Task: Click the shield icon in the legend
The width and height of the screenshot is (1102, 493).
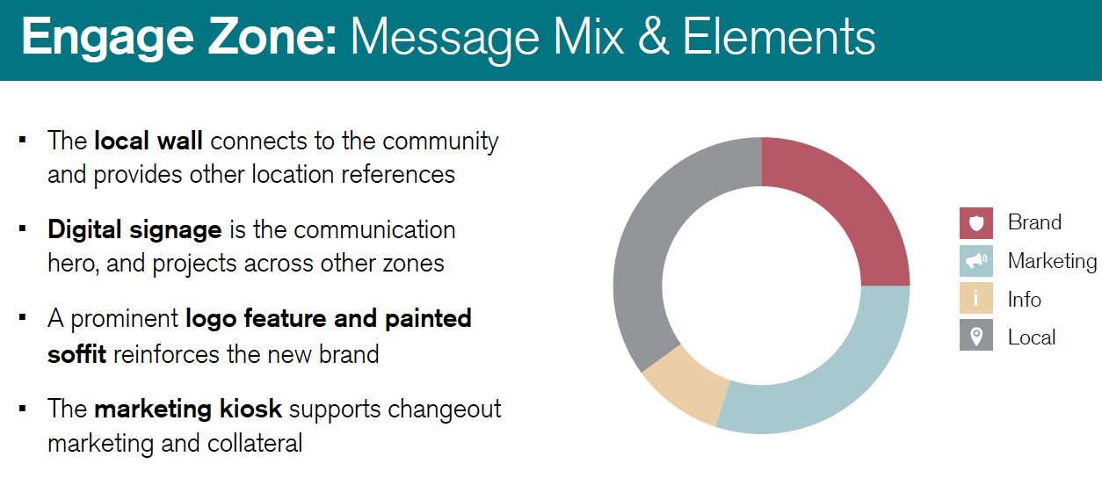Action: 975,223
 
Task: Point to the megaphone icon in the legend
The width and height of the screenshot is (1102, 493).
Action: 975,261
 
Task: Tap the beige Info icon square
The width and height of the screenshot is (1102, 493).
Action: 975,300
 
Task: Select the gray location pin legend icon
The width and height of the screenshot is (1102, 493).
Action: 975,337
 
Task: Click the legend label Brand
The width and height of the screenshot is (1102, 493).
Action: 1034,223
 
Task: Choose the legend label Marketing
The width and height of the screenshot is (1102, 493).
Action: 1052,261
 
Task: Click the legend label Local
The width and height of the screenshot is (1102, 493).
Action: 1032,337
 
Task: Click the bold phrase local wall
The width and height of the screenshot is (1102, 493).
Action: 149,141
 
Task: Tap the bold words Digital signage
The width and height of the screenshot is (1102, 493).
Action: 134,230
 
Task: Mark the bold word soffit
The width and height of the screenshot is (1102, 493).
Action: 77,354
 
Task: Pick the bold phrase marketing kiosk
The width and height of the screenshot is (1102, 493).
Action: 188,409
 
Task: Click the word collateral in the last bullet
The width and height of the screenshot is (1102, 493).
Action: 255,443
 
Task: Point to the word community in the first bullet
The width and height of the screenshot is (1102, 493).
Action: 440,141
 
